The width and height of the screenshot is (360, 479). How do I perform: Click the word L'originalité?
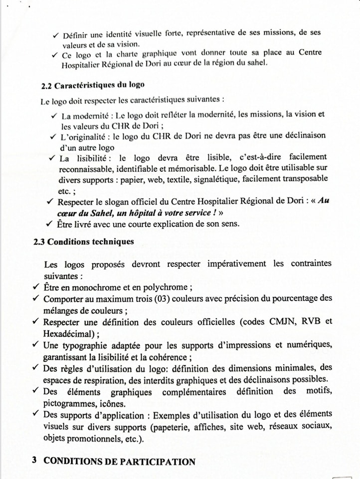(x=82, y=136)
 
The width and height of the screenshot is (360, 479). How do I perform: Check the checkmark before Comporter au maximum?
(x=35, y=299)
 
